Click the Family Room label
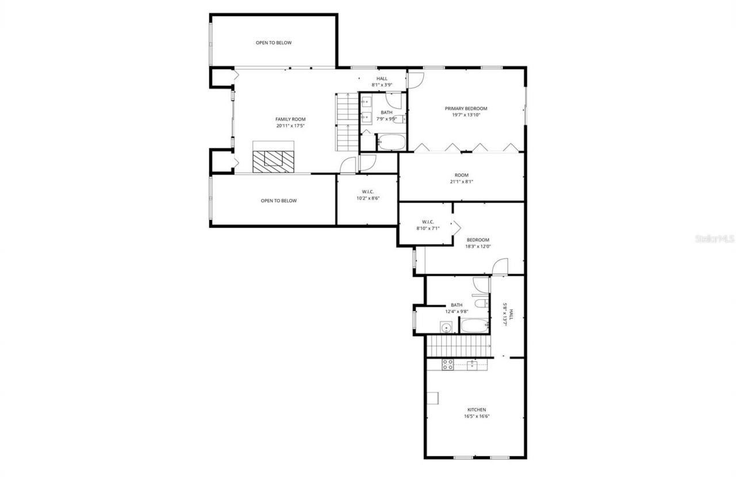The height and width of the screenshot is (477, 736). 290,119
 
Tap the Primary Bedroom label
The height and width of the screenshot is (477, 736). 466,108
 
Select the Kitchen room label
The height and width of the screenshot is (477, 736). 477,410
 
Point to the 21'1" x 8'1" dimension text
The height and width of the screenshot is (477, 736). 461,182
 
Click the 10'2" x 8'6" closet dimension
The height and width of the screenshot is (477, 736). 368,199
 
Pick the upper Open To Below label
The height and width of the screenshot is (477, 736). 274,43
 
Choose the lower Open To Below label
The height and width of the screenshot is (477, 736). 279,201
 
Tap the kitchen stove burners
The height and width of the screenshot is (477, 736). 447,364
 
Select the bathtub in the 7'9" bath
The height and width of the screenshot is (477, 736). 392,142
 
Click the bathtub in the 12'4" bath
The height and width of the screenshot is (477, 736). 474,326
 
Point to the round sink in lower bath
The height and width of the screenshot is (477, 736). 446,327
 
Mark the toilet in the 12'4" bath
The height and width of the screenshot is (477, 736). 481,303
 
